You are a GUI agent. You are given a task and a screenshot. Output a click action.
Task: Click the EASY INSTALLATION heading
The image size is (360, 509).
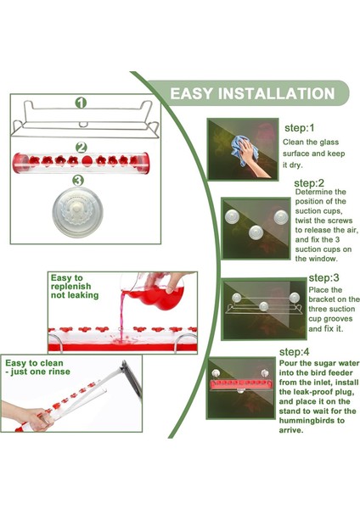[x=252, y=93]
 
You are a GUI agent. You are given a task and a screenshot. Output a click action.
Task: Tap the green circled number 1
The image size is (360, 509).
[x=81, y=103]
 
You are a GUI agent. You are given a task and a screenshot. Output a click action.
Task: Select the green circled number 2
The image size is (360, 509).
[x=82, y=148]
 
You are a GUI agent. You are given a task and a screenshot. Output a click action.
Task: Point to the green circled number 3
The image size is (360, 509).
[x=77, y=181]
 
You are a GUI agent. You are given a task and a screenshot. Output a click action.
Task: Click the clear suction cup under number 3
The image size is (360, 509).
[x=77, y=212]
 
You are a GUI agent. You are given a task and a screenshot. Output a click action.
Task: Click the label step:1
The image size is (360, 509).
[x=300, y=128]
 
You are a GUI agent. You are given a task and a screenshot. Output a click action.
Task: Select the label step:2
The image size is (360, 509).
[x=309, y=183]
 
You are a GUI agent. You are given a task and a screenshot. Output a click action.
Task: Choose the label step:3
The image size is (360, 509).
[x=323, y=278]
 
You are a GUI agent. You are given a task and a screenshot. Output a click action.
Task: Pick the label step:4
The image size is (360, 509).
[x=295, y=352]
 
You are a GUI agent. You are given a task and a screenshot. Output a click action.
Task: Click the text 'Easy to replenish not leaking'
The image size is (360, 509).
[x=75, y=287]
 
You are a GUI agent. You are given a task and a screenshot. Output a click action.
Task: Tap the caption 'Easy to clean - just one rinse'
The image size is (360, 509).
[x=37, y=367]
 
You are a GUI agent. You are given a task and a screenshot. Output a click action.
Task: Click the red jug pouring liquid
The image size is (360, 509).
[x=156, y=291]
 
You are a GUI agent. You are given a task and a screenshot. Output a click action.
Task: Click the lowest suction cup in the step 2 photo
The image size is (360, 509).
[x=256, y=232]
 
